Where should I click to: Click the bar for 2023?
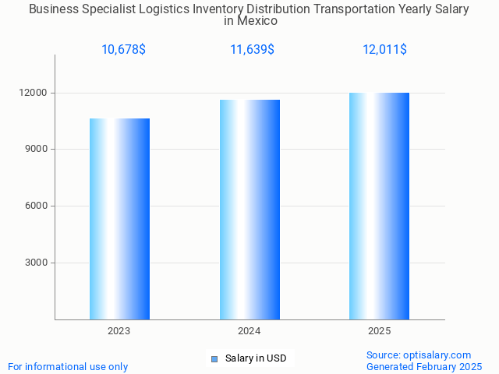tap(119, 219)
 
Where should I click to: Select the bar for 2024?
tap(249, 210)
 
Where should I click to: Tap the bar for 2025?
tap(379, 206)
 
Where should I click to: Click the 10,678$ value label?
tap(123, 50)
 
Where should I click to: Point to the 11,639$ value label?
tap(252, 50)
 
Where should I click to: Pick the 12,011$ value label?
tap(384, 50)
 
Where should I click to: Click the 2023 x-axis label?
tap(119, 331)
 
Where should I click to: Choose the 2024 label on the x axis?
tap(249, 331)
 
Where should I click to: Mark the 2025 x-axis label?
tap(379, 331)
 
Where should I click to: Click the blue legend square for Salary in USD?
tap(214, 358)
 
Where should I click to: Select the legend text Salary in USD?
tap(256, 358)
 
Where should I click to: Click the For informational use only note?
tap(68, 366)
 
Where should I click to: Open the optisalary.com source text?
tap(419, 355)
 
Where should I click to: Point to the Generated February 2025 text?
tap(424, 366)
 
